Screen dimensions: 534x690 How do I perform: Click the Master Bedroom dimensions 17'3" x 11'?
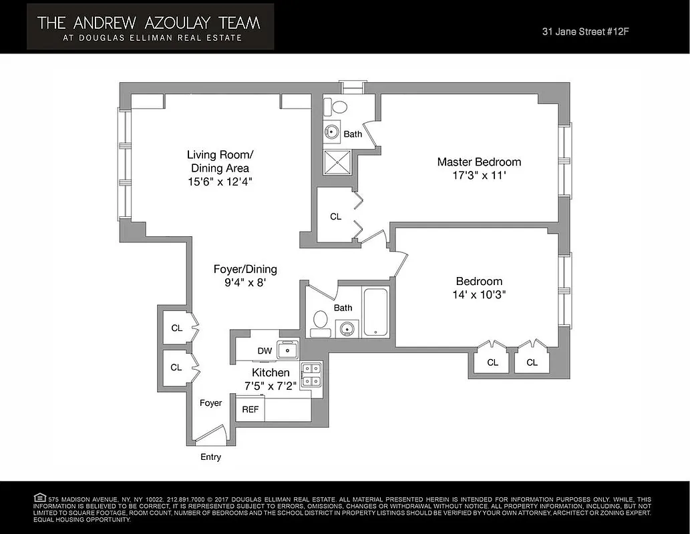click(479, 176)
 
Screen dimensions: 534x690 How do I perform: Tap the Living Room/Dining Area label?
click(220, 161)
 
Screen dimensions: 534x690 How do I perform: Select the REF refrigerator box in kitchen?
click(250, 409)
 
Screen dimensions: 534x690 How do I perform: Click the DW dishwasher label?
click(265, 351)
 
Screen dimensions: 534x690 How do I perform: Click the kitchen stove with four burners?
click(311, 375)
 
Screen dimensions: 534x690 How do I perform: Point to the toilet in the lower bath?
click(320, 320)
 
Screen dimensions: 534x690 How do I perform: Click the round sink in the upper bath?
click(332, 131)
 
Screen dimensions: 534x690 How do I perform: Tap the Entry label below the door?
click(210, 457)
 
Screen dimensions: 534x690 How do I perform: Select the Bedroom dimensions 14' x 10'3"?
click(479, 295)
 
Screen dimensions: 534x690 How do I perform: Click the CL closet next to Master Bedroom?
click(335, 217)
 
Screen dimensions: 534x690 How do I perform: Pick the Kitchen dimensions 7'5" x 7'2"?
click(271, 386)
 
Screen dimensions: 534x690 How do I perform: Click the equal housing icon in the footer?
click(39, 497)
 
